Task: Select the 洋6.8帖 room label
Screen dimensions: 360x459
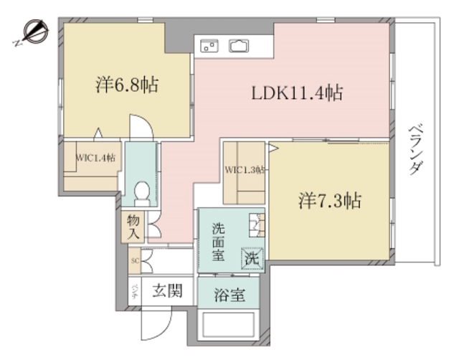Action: [127, 85]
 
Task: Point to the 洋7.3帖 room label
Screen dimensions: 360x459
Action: [329, 201]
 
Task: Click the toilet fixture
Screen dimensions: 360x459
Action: [142, 193]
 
